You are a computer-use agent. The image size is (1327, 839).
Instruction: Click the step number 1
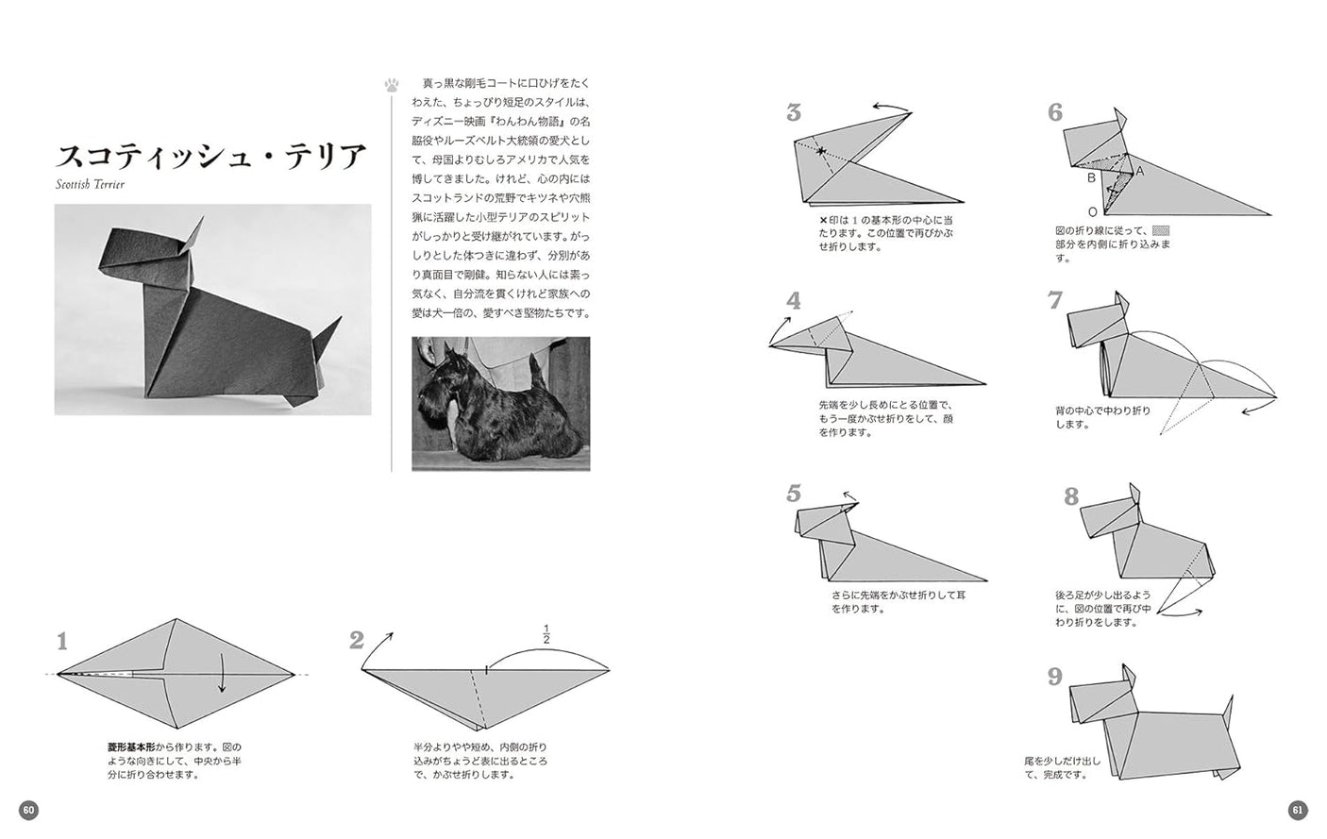click(62, 643)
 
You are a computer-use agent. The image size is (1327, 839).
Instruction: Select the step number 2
click(357, 641)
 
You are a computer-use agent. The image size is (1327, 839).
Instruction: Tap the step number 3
click(794, 113)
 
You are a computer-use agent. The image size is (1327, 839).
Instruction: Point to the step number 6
click(1055, 113)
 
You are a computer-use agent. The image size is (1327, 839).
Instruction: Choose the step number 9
click(1055, 677)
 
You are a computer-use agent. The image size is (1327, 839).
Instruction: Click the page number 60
click(28, 810)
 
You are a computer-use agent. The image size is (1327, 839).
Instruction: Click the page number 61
click(1298, 810)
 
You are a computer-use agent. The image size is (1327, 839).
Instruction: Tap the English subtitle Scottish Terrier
click(91, 184)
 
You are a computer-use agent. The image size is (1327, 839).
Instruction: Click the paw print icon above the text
click(392, 85)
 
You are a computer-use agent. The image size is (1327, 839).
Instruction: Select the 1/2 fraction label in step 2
click(546, 633)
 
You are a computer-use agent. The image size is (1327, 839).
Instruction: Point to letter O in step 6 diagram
click(1092, 211)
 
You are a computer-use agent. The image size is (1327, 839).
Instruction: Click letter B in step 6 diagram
click(1091, 176)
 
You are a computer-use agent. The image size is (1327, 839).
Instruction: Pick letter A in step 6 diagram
click(1140, 171)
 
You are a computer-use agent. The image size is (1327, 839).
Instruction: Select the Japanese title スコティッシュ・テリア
click(210, 156)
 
